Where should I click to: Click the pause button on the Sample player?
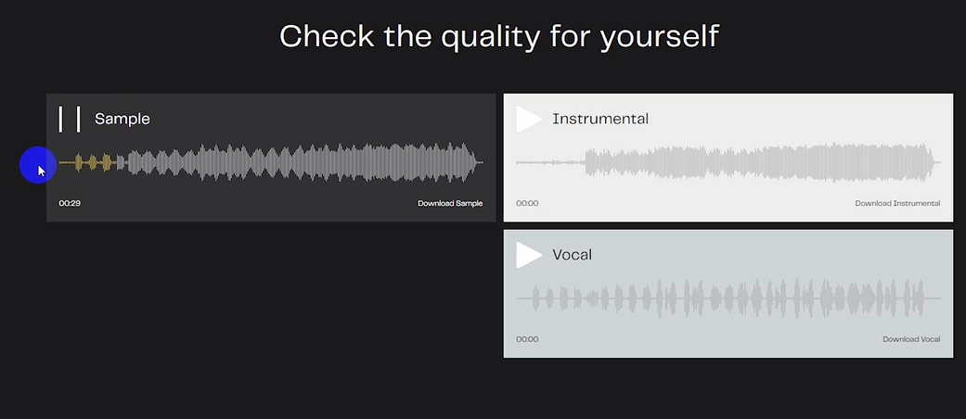tap(69, 119)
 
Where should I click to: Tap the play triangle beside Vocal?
tap(528, 255)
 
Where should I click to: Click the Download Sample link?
tap(450, 204)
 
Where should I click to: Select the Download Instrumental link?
tap(897, 204)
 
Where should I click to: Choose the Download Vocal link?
tap(911, 339)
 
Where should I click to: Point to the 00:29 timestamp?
tap(70, 204)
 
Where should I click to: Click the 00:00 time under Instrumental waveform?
tap(527, 204)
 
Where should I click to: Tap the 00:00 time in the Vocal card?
tap(527, 339)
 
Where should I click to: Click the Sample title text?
tap(122, 120)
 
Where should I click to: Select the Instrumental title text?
tap(600, 119)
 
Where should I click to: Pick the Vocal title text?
tap(573, 255)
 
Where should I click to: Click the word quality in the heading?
tap(482, 37)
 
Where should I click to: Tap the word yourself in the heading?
tap(659, 37)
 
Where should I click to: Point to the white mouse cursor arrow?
tap(41, 171)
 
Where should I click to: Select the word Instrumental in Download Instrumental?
tap(918, 204)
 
